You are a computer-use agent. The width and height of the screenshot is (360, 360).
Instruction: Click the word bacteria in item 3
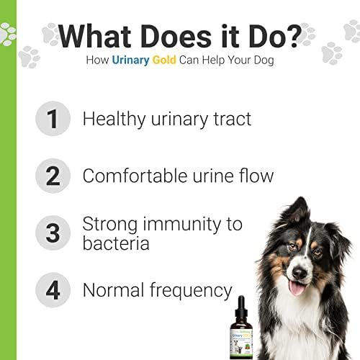[x=116, y=243]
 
